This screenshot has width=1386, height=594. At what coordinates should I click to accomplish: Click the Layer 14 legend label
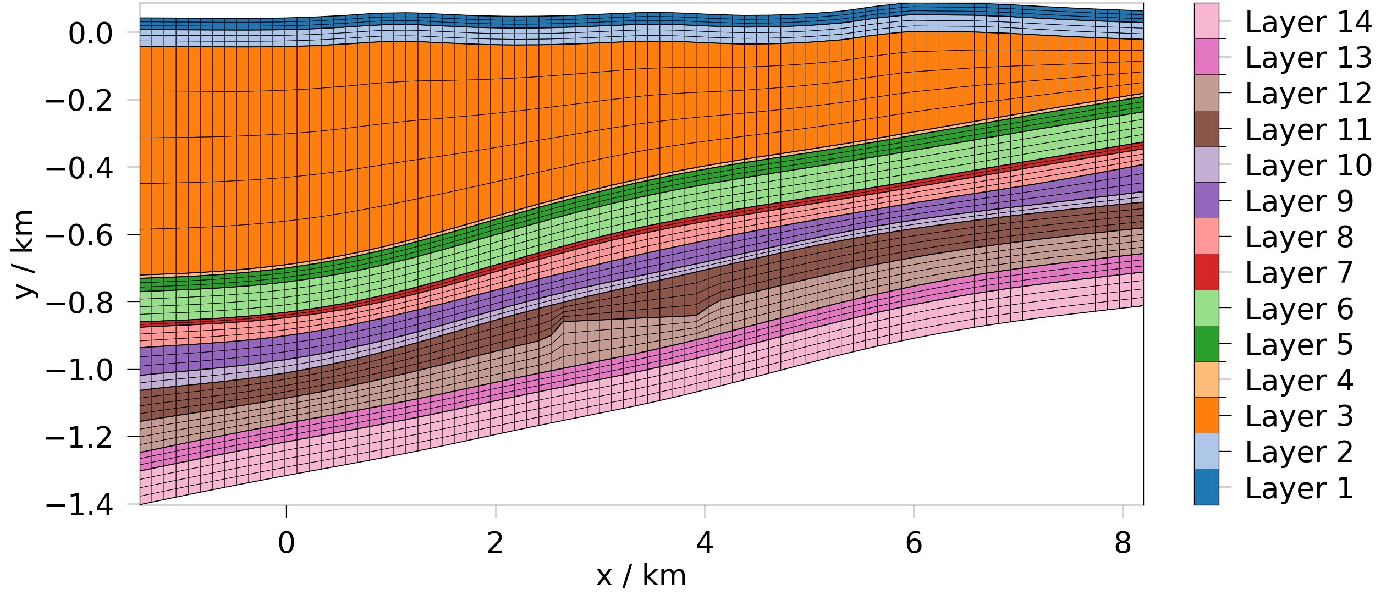pyautogui.click(x=1308, y=22)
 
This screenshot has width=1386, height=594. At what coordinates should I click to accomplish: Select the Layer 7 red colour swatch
pyautogui.click(x=1206, y=272)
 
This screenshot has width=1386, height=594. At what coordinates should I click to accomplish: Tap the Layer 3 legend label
pyautogui.click(x=1299, y=416)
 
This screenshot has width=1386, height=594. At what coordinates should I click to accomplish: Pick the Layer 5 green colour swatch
pyautogui.click(x=1206, y=344)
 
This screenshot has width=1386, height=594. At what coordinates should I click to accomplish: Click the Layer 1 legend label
pyautogui.click(x=1299, y=488)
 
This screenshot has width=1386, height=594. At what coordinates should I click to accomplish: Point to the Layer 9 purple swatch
pyautogui.click(x=1206, y=200)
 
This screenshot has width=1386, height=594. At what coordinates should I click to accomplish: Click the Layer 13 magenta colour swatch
pyautogui.click(x=1206, y=57)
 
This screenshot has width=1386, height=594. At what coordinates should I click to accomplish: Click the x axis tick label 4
pyautogui.click(x=705, y=544)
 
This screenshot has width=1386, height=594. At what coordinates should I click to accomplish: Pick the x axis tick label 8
pyautogui.click(x=1123, y=544)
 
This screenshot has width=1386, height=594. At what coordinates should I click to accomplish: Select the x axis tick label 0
pyautogui.click(x=286, y=544)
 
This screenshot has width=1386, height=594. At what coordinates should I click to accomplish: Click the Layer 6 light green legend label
pyautogui.click(x=1299, y=309)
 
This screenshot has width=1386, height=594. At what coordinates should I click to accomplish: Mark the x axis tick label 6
pyautogui.click(x=914, y=544)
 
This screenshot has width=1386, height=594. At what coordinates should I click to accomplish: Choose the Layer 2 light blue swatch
pyautogui.click(x=1206, y=451)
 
